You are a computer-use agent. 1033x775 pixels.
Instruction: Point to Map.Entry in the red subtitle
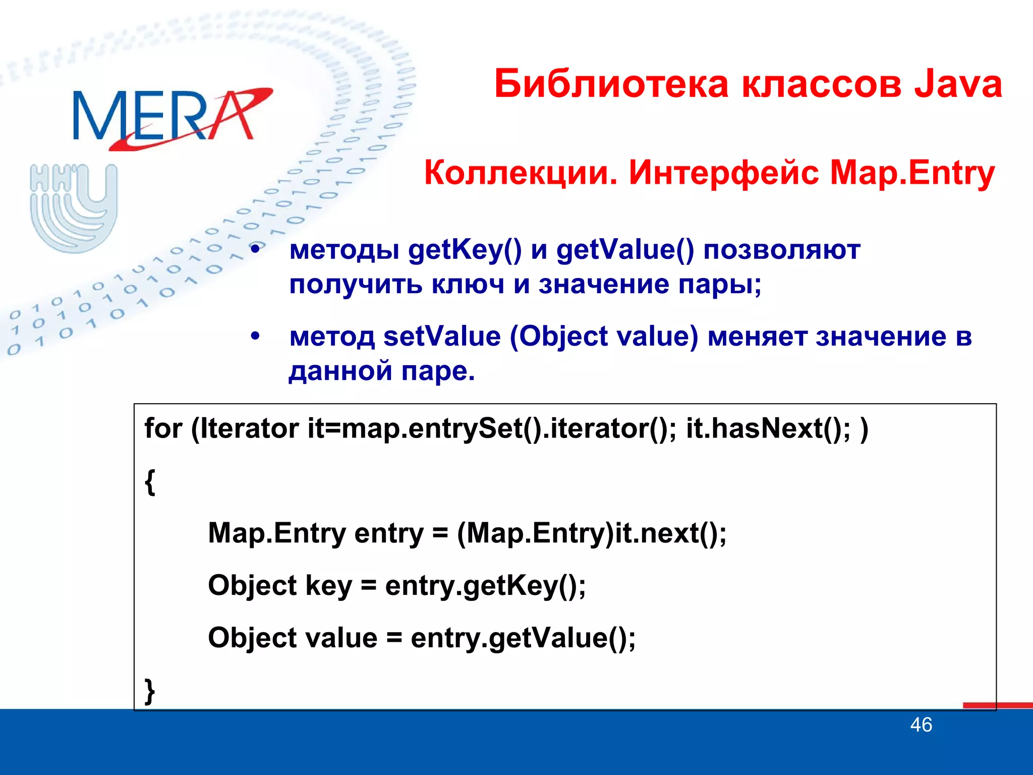click(912, 173)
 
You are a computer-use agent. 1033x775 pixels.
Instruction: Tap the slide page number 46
click(921, 725)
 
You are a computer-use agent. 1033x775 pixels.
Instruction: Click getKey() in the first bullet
click(465, 250)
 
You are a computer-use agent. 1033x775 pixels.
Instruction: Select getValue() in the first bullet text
click(624, 250)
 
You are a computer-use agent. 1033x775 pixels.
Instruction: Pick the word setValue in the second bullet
click(441, 337)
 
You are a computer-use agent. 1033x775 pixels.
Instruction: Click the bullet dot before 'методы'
click(256, 249)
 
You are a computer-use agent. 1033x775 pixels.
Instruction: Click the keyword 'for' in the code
click(163, 429)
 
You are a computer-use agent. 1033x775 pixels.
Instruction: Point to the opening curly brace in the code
click(150, 482)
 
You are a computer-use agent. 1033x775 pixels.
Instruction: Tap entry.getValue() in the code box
click(523, 638)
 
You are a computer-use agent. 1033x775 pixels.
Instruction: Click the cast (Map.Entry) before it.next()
click(535, 534)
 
